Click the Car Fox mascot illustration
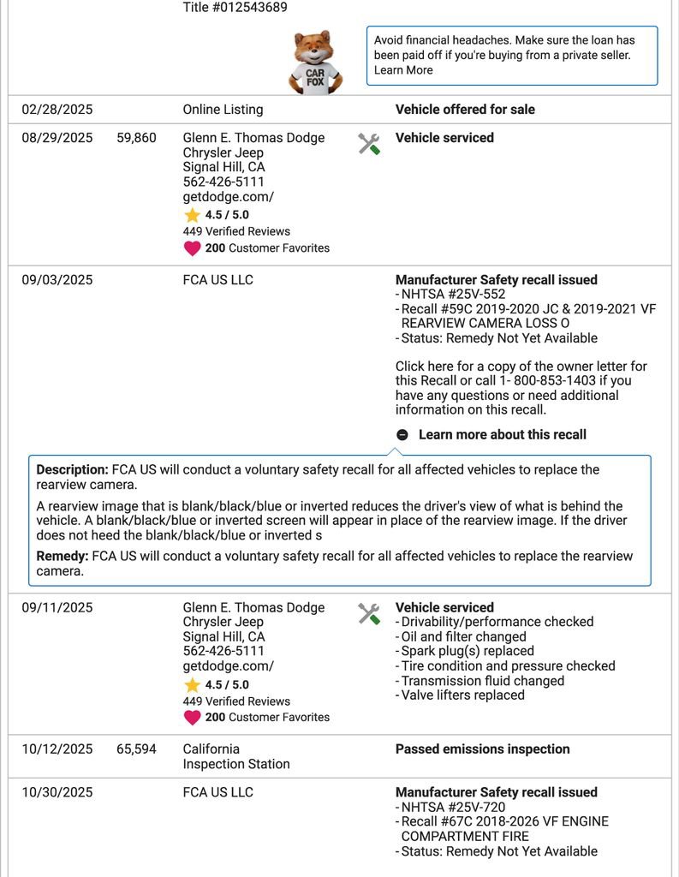(x=315, y=62)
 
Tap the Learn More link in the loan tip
(x=403, y=70)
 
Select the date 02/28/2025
(x=57, y=110)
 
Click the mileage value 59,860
(x=136, y=138)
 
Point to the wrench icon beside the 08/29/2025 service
(x=369, y=144)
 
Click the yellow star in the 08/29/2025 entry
(x=192, y=216)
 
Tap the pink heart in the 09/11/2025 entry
(x=192, y=718)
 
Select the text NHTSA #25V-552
(x=448, y=295)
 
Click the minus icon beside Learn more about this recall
(x=402, y=435)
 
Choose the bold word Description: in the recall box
(x=72, y=470)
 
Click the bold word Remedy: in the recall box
(x=63, y=557)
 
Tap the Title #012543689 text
(x=235, y=8)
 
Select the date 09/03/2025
(x=57, y=280)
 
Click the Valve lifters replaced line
(x=463, y=695)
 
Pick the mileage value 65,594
(x=136, y=749)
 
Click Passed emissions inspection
(x=482, y=749)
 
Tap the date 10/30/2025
(x=57, y=793)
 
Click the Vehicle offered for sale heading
(x=465, y=110)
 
